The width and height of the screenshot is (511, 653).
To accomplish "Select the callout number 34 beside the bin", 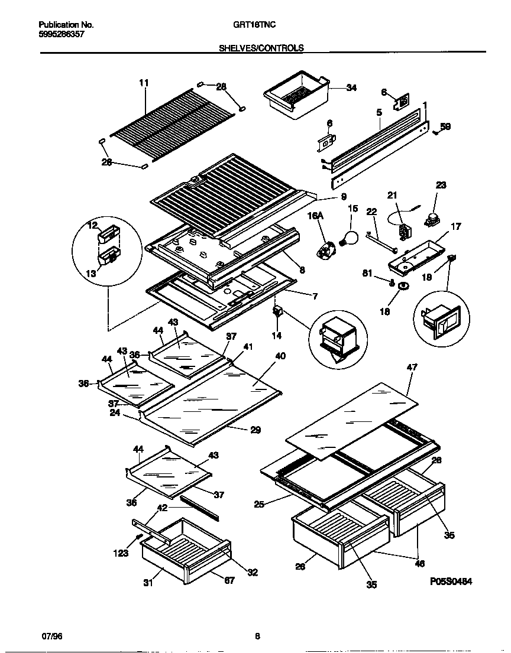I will coord(351,88).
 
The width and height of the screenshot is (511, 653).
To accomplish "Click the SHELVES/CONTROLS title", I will coord(261,48).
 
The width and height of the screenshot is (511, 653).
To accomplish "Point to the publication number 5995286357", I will coord(61,35).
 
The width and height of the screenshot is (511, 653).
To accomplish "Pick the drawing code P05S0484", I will coord(451,581).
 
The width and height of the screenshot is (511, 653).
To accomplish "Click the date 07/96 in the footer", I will coord(52,636).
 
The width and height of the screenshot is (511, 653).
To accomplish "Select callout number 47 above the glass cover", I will coord(412,367).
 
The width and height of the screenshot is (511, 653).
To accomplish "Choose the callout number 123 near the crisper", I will coord(121,553).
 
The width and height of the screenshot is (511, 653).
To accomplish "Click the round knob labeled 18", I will coord(403,287).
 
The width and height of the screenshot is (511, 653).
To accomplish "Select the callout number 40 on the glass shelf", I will coord(280,356).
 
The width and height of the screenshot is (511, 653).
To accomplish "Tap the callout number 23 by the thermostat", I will coord(441,185).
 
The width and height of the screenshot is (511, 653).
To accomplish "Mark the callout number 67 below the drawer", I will coord(229,580).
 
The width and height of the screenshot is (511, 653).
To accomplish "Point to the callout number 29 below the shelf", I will coord(255,430).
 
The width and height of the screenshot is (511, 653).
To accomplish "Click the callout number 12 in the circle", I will coord(92,225).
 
